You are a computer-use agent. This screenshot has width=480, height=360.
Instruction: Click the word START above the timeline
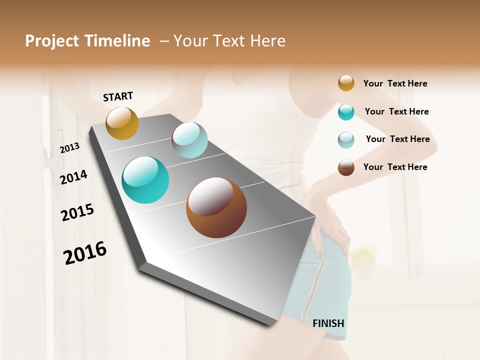(118, 96)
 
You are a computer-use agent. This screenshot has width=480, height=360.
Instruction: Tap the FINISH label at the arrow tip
(328, 323)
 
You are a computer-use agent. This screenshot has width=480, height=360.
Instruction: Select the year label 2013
(69, 148)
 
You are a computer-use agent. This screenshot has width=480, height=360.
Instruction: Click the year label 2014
(73, 177)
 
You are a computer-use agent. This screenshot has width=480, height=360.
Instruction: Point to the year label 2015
(77, 212)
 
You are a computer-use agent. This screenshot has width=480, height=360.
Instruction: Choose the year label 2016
(85, 252)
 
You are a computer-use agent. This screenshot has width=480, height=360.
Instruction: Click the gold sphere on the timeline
(122, 123)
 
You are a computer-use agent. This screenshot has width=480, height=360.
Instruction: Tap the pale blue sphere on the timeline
(189, 140)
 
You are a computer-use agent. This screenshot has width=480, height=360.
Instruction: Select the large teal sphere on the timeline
(145, 180)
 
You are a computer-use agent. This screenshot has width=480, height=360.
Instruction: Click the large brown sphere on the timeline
(216, 207)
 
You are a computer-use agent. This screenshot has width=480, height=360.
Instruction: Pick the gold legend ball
(346, 83)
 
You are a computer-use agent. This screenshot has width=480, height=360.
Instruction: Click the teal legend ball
(346, 112)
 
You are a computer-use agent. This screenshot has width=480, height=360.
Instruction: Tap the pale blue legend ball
(346, 140)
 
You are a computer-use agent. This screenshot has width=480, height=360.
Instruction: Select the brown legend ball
(346, 167)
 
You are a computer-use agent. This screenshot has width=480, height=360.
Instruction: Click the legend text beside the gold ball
(395, 83)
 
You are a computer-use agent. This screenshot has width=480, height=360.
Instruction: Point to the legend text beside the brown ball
(395, 167)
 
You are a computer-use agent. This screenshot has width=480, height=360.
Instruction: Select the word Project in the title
(52, 41)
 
